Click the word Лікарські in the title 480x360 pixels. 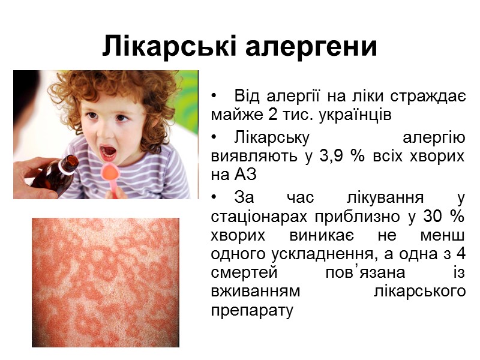(164, 46)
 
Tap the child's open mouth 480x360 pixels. (109, 151)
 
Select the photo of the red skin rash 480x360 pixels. (105, 282)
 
